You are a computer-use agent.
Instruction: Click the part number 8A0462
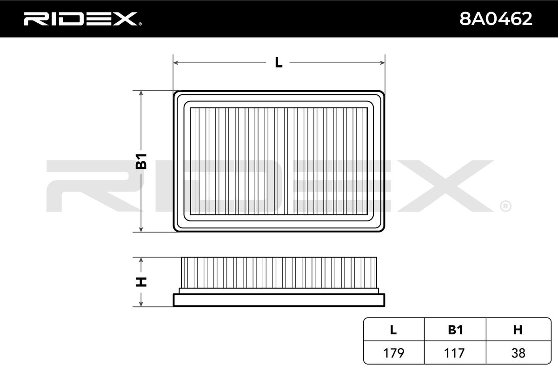pyautogui.click(x=495, y=19)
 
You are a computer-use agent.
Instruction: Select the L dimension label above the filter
pyautogui.click(x=279, y=62)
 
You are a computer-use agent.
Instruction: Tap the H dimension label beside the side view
pyautogui.click(x=141, y=281)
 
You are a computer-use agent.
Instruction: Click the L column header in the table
pyautogui.click(x=393, y=330)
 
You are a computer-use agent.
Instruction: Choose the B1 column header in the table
pyautogui.click(x=455, y=330)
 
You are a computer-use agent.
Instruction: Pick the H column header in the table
pyautogui.click(x=518, y=330)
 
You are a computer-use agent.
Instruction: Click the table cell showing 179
pyautogui.click(x=393, y=353)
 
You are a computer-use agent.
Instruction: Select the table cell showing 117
pyautogui.click(x=455, y=353)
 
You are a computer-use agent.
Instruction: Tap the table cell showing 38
pyautogui.click(x=518, y=353)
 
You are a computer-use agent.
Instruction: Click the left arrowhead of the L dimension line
pyautogui.click(x=176, y=62)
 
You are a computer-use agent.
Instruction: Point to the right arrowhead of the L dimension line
pyautogui.click(x=382, y=62)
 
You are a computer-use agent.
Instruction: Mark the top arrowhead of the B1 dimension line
pyautogui.click(x=141, y=93)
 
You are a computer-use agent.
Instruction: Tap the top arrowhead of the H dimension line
pyautogui.click(x=141, y=259)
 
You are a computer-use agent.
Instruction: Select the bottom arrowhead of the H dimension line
pyautogui.click(x=141, y=304)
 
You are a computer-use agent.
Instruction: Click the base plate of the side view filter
pyautogui.click(x=279, y=300)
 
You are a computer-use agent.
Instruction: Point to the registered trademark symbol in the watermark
pyautogui.click(x=505, y=206)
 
